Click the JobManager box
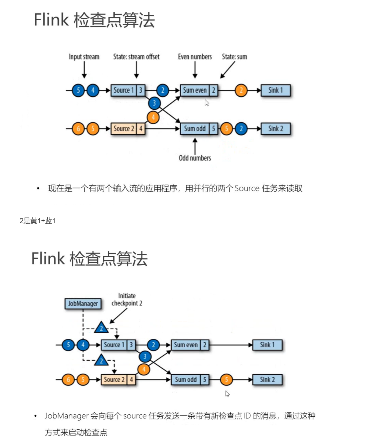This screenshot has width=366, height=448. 83,304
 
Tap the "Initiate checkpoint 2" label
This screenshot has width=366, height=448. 127,299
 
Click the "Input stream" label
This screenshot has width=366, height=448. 84,57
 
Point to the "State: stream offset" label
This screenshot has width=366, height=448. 136,57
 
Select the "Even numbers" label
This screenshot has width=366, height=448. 195,57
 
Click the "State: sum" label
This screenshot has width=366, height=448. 234,57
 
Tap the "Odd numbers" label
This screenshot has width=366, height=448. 195,158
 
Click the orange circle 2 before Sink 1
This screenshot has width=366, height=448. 241,90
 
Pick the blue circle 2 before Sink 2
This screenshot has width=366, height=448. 241,129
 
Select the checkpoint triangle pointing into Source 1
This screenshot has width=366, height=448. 101,328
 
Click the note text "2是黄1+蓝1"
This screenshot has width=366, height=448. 38,221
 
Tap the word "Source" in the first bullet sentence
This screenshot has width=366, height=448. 247,188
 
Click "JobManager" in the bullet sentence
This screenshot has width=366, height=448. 67,416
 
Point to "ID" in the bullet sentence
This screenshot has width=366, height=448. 247,416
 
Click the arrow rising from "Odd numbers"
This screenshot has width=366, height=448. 195,145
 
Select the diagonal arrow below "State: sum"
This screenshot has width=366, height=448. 228,70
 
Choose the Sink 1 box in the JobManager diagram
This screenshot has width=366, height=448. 267,345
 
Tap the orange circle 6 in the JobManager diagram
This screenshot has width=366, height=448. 68,380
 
